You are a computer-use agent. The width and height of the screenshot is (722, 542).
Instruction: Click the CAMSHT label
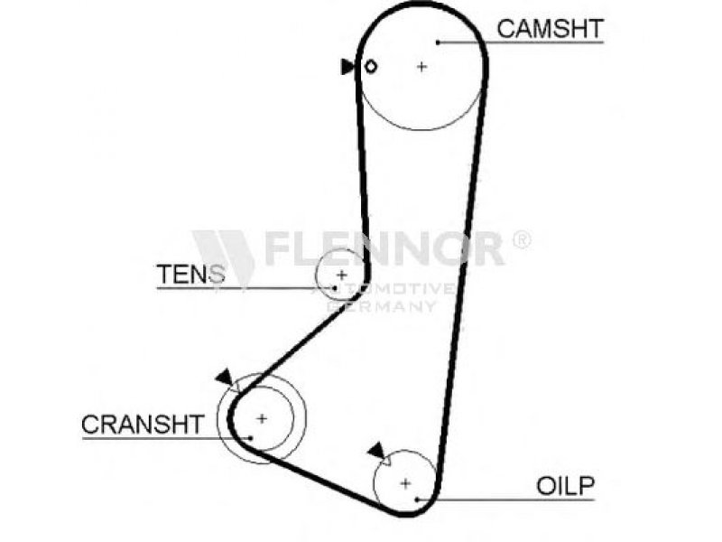550,28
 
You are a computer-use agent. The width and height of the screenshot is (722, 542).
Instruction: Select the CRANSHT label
143,424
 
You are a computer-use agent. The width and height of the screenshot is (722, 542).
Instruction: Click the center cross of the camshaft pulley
421,66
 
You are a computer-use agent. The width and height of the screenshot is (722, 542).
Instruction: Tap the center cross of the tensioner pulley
342,274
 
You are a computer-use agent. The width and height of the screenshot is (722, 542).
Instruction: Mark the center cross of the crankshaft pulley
262,418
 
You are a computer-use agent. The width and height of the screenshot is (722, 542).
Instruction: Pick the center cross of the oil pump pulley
405,482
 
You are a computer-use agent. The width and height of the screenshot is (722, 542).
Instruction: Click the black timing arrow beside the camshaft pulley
347,67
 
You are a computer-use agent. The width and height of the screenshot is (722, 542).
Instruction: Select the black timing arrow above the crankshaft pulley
223,377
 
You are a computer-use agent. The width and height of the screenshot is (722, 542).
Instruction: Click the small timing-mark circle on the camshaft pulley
370,66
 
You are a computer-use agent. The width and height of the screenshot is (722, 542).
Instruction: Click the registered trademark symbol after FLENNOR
522,239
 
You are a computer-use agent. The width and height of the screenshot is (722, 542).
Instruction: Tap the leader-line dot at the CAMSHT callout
437,42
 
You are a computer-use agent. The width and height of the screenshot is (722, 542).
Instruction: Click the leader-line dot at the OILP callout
417,498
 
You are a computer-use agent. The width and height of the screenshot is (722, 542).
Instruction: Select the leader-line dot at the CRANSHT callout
253,438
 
